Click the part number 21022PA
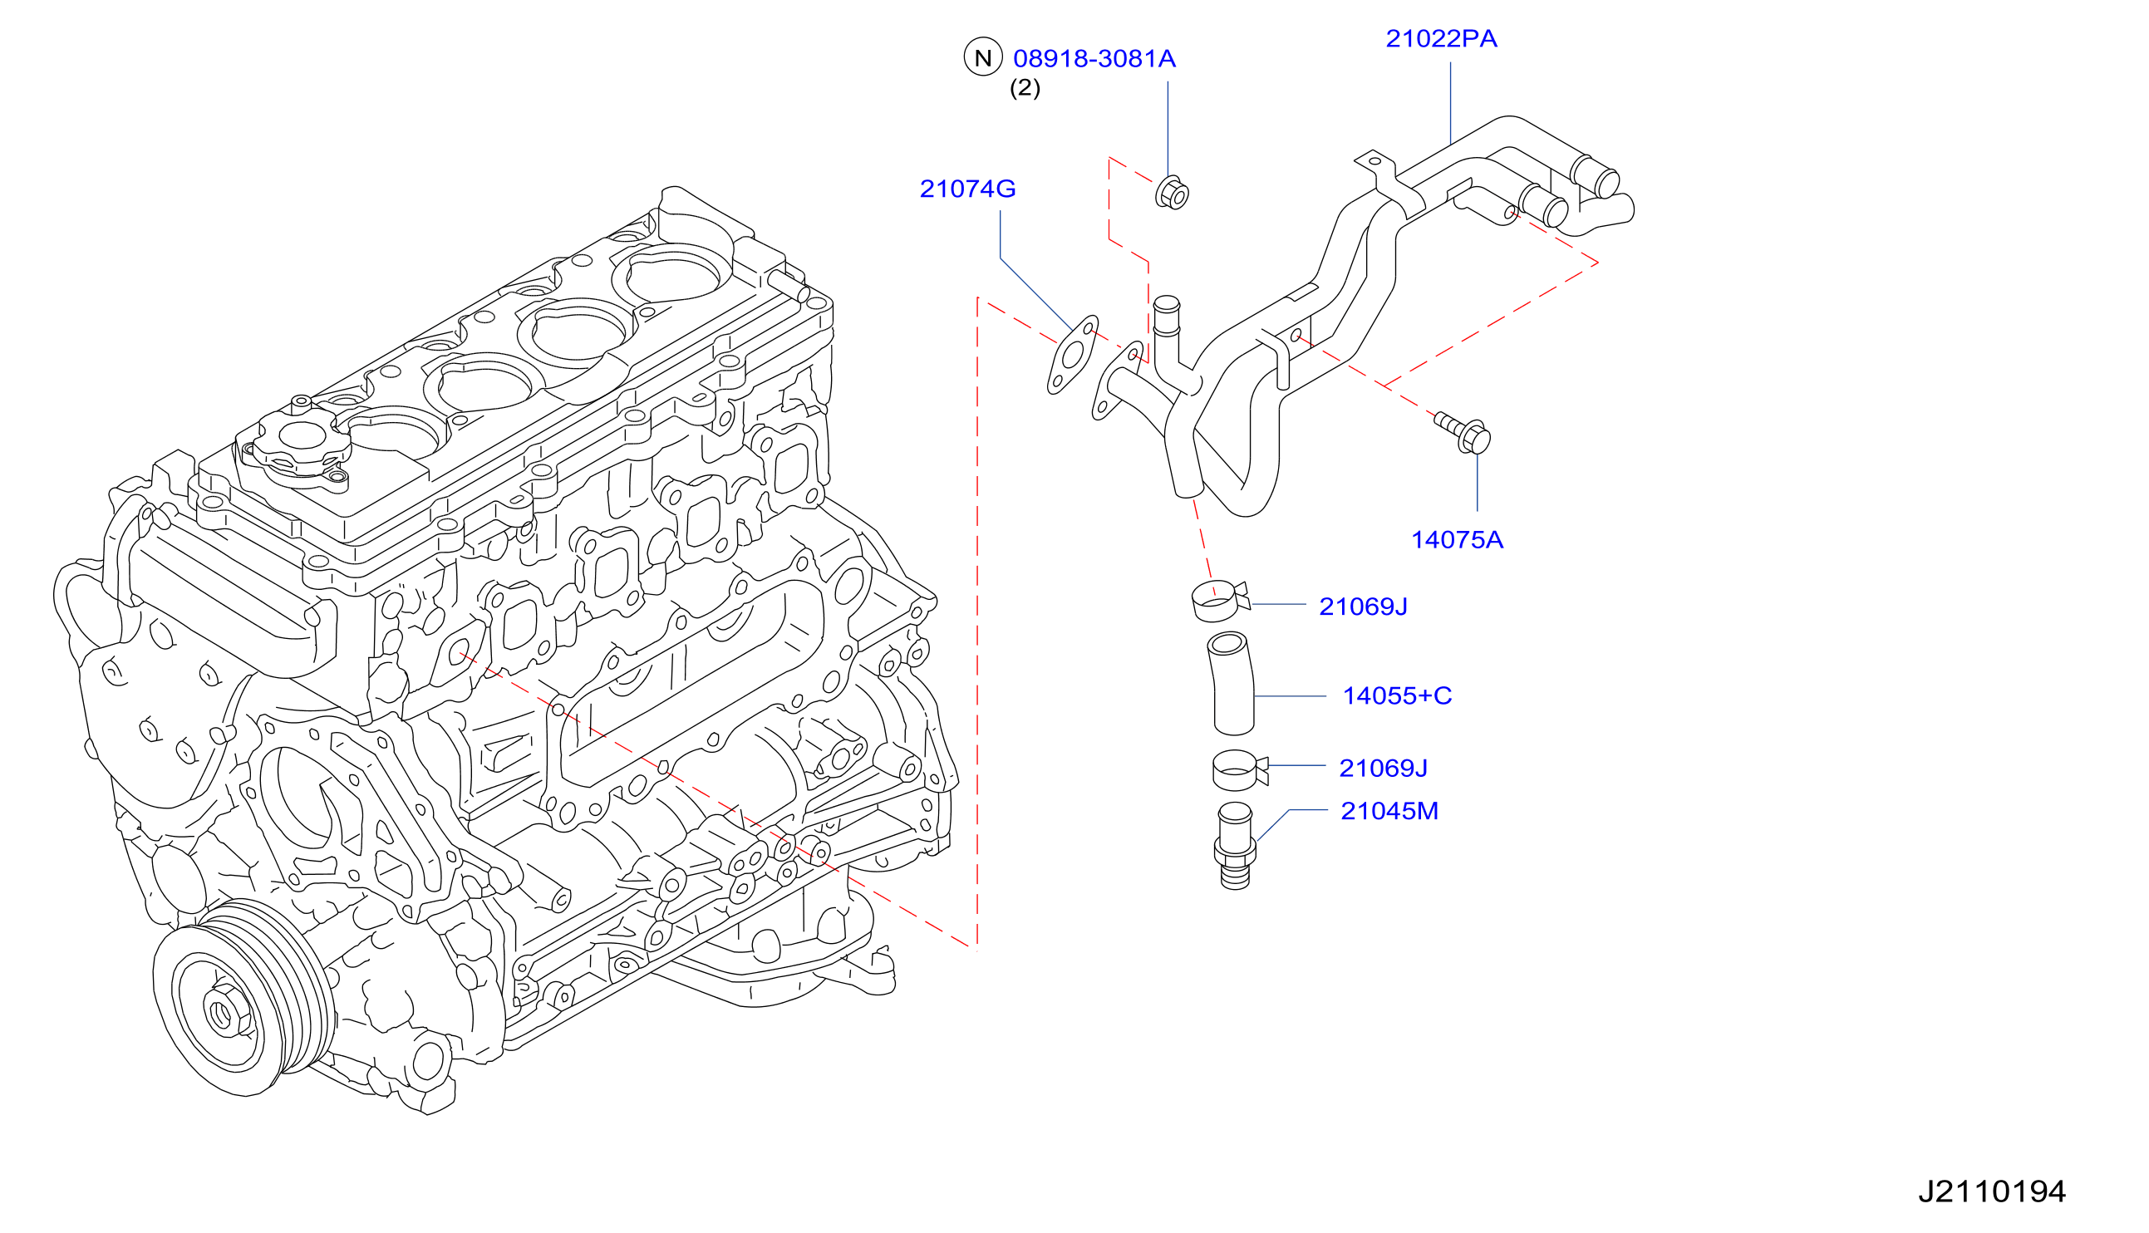[x=1441, y=39]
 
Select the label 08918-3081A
[x=1094, y=58]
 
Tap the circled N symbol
[x=983, y=57]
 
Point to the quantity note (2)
[x=1025, y=88]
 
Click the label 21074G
[x=968, y=189]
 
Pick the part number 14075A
[x=1458, y=540]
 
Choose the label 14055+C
[x=1397, y=696]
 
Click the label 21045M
[x=1389, y=811]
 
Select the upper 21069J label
[x=1363, y=607]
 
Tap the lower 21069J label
[x=1383, y=768]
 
